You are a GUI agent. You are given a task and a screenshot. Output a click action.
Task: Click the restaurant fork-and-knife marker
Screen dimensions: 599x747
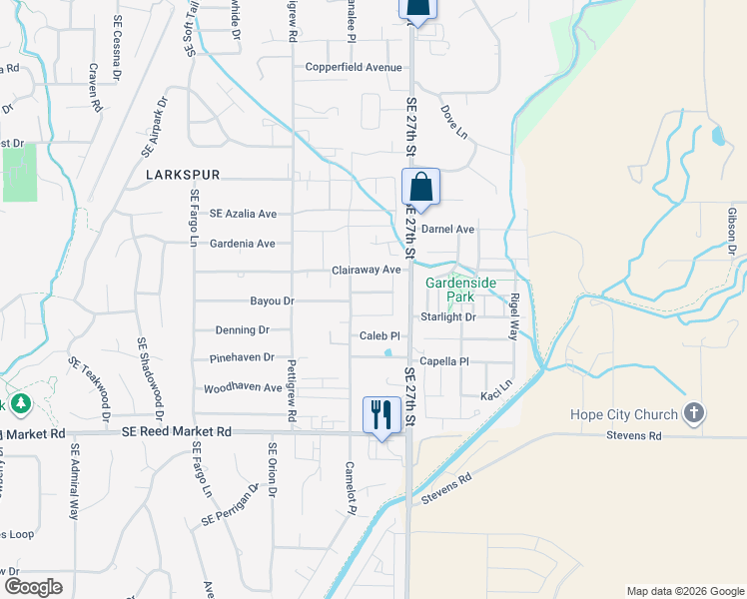(380, 414)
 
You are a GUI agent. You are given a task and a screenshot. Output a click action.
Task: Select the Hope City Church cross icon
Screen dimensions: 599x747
(694, 413)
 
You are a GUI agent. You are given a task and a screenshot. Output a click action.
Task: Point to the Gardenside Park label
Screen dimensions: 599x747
(460, 290)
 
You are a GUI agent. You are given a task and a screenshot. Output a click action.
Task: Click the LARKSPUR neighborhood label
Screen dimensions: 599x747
(181, 174)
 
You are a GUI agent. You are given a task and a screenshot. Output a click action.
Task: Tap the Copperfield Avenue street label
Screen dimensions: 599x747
(354, 68)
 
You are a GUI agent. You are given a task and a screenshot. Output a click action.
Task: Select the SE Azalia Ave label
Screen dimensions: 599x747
(243, 214)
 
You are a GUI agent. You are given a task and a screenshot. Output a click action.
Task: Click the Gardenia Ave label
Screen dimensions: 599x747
(242, 244)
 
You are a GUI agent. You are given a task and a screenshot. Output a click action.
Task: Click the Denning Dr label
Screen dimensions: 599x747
(243, 329)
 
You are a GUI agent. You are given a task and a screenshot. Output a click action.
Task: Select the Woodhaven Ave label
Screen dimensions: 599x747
(244, 387)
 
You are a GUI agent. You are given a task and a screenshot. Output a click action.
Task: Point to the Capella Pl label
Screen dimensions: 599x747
(444, 361)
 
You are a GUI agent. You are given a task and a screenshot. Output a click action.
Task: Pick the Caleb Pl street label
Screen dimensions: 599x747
(379, 336)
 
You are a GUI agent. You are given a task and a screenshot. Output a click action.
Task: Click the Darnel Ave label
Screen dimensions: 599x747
(447, 229)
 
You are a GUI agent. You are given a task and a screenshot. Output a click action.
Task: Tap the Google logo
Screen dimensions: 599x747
(33, 586)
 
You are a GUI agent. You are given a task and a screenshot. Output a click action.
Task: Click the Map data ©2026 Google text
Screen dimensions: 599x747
(684, 591)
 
